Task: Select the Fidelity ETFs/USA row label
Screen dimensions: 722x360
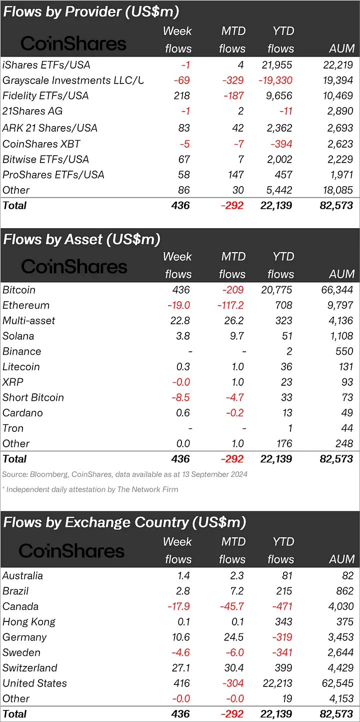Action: click(45, 96)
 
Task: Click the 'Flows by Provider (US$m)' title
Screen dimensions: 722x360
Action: click(91, 12)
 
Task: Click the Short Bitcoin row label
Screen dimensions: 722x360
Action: click(33, 398)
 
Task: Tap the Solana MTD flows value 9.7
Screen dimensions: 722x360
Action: click(235, 336)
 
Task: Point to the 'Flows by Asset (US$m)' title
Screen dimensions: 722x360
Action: click(81, 239)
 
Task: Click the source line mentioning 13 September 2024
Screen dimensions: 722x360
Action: click(124, 474)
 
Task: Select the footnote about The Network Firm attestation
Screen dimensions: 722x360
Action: click(90, 489)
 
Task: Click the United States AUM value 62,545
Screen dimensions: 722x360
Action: click(337, 683)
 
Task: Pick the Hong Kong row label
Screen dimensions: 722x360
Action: click(29, 622)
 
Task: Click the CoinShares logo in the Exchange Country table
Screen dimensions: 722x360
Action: click(71, 551)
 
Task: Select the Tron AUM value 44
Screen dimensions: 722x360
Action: click(345, 428)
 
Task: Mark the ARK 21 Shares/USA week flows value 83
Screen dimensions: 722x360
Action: click(183, 128)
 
